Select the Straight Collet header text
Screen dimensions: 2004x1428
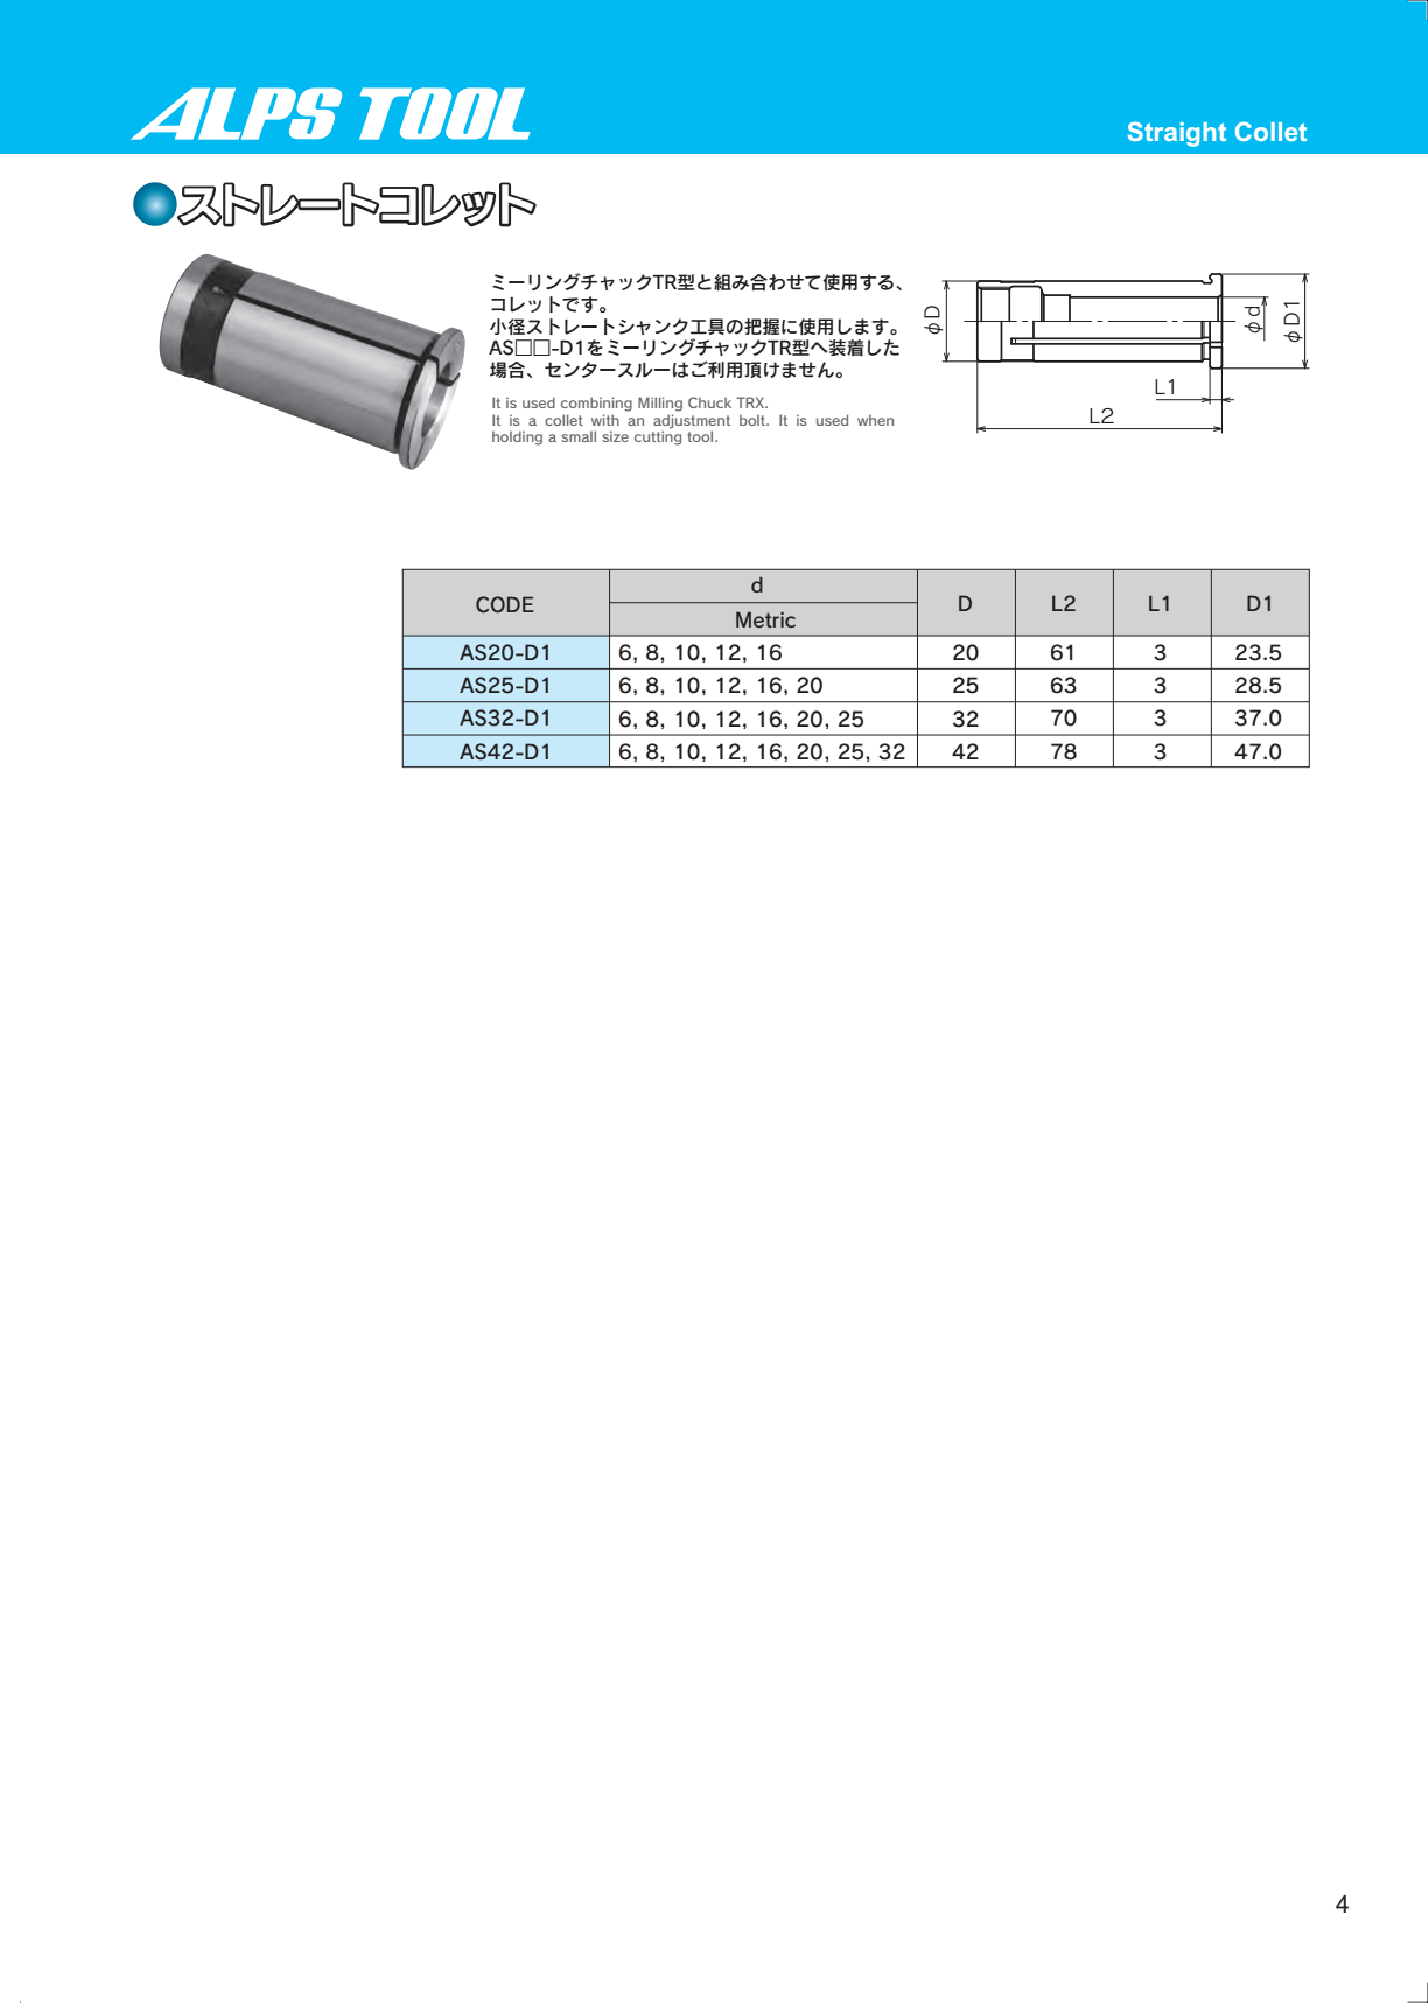pos(1216,133)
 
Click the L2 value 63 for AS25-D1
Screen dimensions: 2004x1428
pos(1063,686)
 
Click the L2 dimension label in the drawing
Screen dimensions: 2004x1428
pos(1101,416)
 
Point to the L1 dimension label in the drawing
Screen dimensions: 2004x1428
pos(1165,387)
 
